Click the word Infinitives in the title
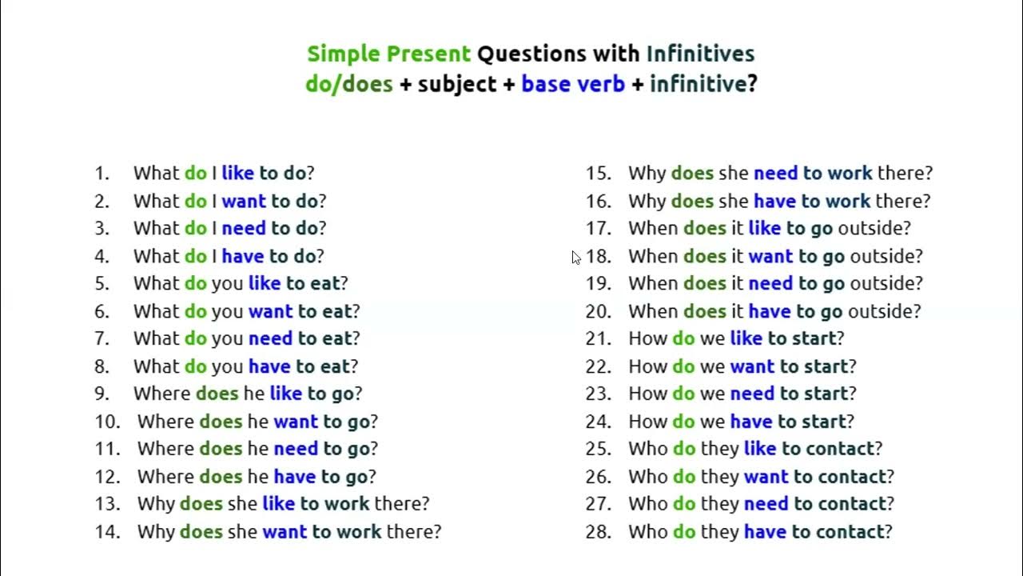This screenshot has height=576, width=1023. pyautogui.click(x=700, y=54)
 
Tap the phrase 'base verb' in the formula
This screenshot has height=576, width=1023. pyautogui.click(x=573, y=83)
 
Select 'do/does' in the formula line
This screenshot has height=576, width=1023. pyautogui.click(x=349, y=83)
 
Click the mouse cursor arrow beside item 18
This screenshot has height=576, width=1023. pyautogui.click(x=576, y=258)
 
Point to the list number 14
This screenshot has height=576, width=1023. pyautogui.click(x=106, y=531)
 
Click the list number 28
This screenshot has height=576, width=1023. pyautogui.click(x=598, y=531)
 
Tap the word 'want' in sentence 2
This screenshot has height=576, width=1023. pyautogui.click(x=244, y=201)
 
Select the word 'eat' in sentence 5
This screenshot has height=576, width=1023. pyautogui.click(x=325, y=283)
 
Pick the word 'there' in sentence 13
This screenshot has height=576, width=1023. pyautogui.click(x=402, y=504)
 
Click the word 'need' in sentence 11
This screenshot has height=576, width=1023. pyautogui.click(x=296, y=449)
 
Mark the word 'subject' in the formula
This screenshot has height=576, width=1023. pyautogui.click(x=457, y=83)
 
